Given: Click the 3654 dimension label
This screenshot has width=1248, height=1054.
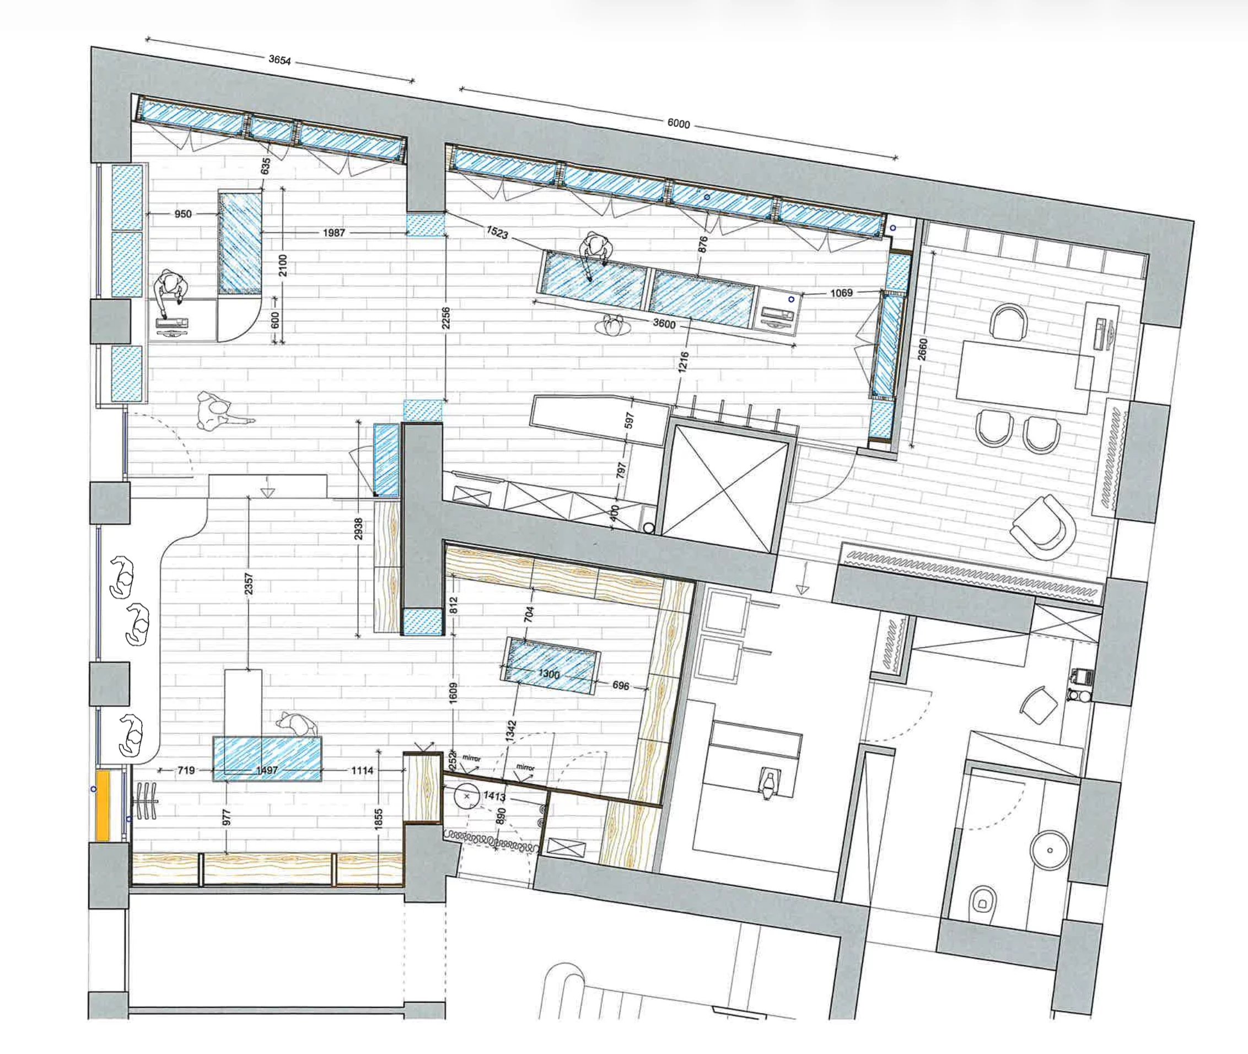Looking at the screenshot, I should (x=279, y=60).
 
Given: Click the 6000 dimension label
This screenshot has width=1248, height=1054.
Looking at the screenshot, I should (x=678, y=123).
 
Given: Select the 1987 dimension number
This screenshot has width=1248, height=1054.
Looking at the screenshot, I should (x=333, y=233).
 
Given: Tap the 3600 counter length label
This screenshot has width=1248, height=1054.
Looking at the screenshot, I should (x=664, y=324).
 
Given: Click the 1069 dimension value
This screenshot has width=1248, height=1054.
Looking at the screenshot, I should (x=841, y=293).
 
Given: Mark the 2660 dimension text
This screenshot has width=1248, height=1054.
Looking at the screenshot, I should (x=922, y=349).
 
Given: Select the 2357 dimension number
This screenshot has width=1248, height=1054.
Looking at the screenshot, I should (x=249, y=584).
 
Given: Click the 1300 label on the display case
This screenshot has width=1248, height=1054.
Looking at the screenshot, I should (x=548, y=674).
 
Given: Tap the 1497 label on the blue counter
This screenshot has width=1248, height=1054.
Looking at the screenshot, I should (x=266, y=771).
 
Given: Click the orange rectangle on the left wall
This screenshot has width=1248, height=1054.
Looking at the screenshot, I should (x=103, y=806).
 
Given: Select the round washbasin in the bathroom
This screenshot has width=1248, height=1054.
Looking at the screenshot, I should (x=1050, y=848).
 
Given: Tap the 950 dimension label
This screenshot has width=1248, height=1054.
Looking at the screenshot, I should (x=183, y=214).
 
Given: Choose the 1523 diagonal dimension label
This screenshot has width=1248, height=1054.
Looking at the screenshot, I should (x=497, y=232).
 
